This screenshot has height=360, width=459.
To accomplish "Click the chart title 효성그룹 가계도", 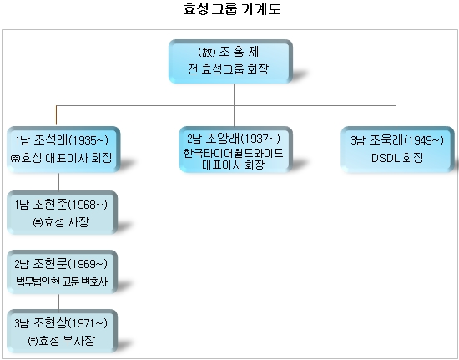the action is (232, 9).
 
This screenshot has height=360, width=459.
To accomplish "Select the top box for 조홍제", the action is (230, 61).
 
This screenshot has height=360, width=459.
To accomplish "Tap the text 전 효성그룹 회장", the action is (228, 69).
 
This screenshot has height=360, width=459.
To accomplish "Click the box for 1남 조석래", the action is (63, 150).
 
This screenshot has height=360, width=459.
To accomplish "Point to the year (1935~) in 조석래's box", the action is (88, 140).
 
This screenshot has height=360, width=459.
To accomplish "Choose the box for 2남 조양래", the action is (235, 150).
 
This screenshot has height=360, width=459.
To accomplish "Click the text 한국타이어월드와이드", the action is (234, 153).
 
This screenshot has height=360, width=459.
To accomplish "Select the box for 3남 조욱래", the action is (397, 150).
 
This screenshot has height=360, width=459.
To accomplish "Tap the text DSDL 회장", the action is (397, 158).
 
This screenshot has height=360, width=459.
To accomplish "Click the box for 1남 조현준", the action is (62, 212).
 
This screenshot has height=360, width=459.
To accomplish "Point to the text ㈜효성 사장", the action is (61, 222).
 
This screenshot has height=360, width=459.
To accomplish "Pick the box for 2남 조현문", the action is (62, 271).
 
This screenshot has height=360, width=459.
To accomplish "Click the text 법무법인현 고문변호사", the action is (62, 281).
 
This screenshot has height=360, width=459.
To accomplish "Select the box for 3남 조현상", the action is (62, 331).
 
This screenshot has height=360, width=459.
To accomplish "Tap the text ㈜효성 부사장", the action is (61, 341).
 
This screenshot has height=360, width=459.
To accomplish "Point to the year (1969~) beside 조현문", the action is (88, 264).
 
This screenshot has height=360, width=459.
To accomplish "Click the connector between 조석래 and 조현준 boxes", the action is (59, 181).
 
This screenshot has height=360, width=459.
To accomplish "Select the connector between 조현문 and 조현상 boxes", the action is (59, 302).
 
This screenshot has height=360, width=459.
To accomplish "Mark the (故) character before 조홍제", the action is (207, 52).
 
